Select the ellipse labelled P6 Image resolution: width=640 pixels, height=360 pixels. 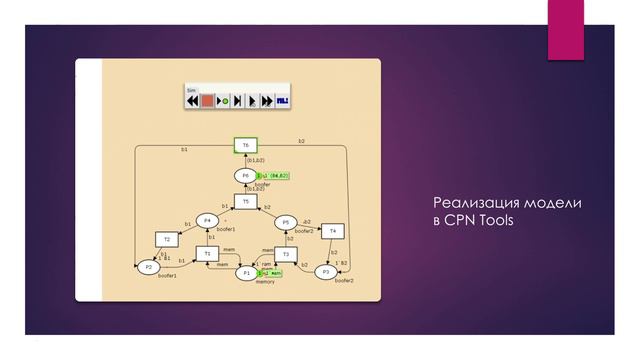tap(246, 175)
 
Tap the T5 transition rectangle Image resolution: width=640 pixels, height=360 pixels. tap(246, 201)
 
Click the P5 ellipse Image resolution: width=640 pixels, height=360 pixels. tap(285, 222)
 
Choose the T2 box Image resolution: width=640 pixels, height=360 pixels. tap(167, 240)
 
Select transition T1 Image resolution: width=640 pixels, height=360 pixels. tap(207, 254)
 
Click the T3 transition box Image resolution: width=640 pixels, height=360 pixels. tap(285, 255)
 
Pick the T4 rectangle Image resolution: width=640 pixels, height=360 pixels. tap(333, 231)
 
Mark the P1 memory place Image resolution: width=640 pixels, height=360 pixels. tap(246, 272)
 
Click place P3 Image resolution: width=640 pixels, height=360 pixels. tap(326, 271)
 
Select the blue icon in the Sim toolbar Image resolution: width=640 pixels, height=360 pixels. tap(283, 101)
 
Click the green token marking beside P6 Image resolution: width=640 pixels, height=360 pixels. tap(274, 176)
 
